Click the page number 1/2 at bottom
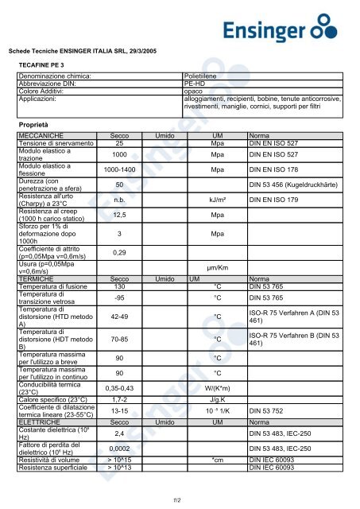coord(179,499)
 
